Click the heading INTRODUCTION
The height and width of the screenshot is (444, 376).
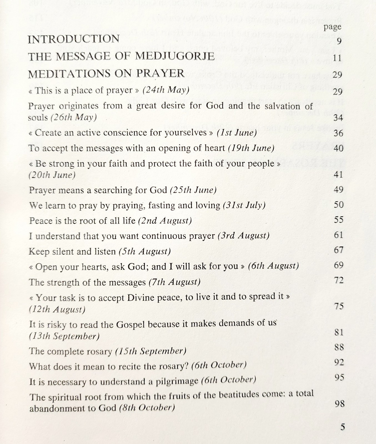[x=74, y=39]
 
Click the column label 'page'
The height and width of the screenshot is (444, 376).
[x=332, y=27]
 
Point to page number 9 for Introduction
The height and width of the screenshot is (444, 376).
[x=339, y=41]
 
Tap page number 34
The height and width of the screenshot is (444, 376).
[x=338, y=118]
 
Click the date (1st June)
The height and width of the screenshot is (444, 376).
[x=237, y=133]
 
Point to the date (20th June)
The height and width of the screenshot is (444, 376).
[x=52, y=175]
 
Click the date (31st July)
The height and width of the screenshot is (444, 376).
[x=244, y=205]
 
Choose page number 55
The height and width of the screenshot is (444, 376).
[x=339, y=220]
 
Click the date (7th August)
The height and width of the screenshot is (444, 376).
[x=174, y=282]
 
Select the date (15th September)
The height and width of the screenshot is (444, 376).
[x=150, y=351]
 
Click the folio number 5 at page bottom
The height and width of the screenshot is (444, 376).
[x=343, y=427]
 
